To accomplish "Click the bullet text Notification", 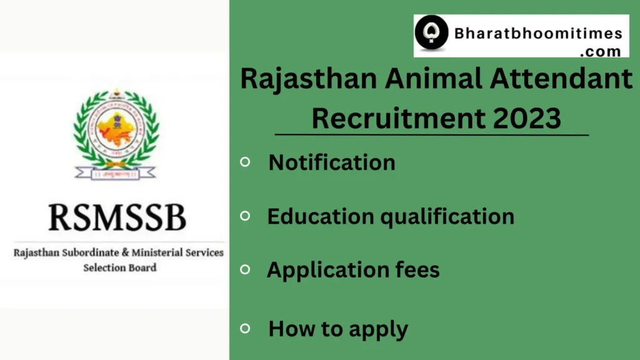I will (x=332, y=162).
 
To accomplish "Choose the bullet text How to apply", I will (x=338, y=329).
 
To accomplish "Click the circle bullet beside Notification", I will (x=246, y=162).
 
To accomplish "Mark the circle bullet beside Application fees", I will (x=246, y=269).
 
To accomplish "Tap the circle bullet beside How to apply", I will (x=246, y=327).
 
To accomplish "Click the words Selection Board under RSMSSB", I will (x=120, y=267).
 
